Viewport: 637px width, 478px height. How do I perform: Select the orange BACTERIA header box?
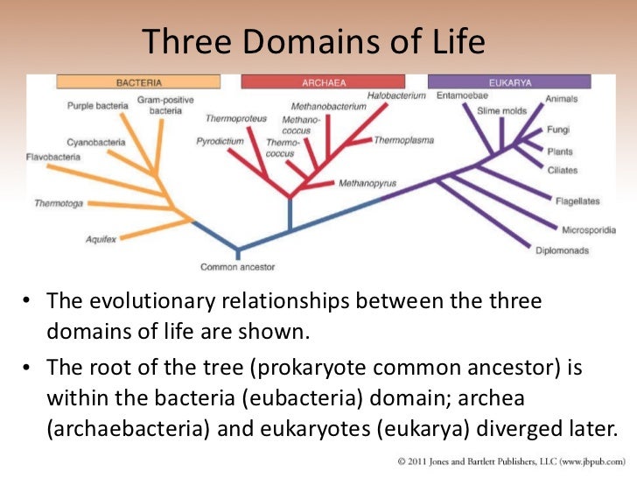pos(138,82)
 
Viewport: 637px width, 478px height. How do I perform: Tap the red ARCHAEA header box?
pos(322,82)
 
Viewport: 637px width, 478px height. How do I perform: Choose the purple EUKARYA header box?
pos(509,82)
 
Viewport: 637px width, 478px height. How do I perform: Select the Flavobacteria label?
pos(52,158)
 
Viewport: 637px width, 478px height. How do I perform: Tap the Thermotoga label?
pos(59,203)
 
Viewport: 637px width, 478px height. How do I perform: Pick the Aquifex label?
pos(101,238)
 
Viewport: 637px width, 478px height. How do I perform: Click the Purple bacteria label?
pos(95,106)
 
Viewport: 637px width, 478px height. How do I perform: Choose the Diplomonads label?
pos(562,250)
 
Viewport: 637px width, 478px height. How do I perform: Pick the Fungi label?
pos(558,130)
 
